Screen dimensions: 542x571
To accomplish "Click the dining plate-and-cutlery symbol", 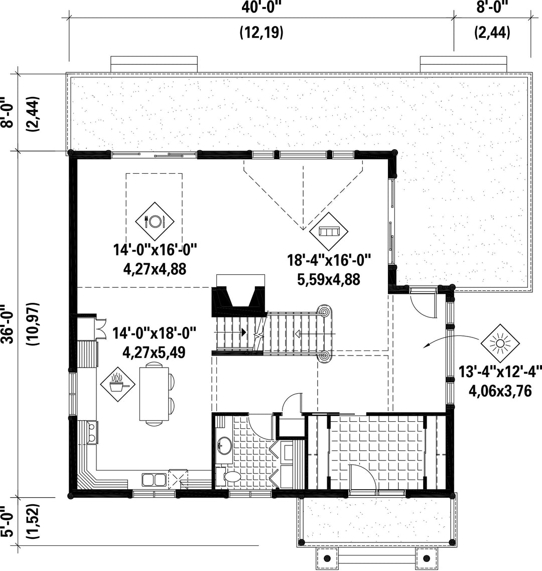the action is (155, 221).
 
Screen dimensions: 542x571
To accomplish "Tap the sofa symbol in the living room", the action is (329, 231).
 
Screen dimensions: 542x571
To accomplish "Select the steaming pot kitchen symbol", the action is (118, 384).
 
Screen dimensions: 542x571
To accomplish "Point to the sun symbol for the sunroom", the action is (500, 343).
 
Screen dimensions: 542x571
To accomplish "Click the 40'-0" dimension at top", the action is (262, 8).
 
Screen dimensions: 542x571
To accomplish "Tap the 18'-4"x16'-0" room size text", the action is (329, 261).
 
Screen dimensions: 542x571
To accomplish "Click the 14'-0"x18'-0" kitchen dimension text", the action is (155, 333).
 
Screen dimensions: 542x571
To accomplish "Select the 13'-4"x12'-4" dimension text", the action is (500, 373).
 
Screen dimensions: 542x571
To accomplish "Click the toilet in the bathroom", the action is (229, 477).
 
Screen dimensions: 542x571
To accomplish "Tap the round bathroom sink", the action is (224, 446).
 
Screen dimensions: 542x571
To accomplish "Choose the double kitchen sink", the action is (154, 480).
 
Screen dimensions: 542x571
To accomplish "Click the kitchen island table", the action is (154, 394).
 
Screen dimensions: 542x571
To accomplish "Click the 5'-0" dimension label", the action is (8, 521).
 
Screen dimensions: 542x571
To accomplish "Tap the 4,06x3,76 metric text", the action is (500, 391).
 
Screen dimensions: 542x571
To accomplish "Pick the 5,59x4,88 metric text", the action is (329, 280).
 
